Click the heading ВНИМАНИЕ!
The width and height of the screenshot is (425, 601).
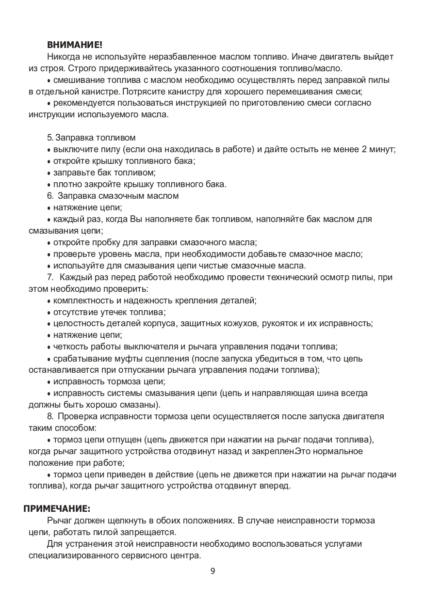click(x=75, y=45)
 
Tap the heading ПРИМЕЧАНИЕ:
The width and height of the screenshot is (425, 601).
click(x=57, y=508)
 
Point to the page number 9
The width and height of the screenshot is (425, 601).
click(x=212, y=570)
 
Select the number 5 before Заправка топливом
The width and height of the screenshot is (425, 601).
click(x=49, y=138)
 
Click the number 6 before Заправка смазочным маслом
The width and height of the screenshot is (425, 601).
click(x=49, y=196)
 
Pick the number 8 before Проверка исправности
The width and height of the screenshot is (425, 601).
click(x=49, y=416)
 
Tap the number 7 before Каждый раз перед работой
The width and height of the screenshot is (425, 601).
click(x=49, y=277)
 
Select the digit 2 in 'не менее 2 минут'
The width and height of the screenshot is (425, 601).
click(x=364, y=149)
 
